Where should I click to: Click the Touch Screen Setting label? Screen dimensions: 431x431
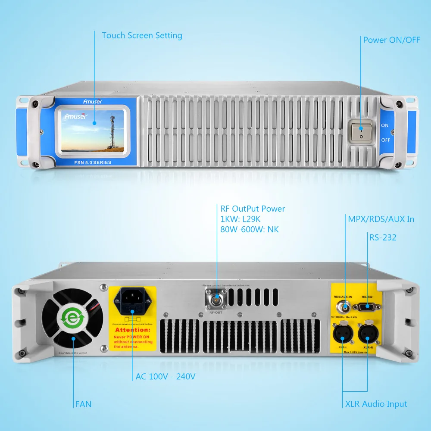tap(142, 35)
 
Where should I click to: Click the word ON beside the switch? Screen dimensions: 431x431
tap(385, 125)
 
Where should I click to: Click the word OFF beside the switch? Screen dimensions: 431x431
tap(385, 140)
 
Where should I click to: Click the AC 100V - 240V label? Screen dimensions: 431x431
tap(166, 377)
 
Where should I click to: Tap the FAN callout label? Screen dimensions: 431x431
tap(83, 404)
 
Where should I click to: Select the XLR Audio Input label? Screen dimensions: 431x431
tap(376, 404)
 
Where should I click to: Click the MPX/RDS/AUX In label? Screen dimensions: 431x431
tap(381, 219)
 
